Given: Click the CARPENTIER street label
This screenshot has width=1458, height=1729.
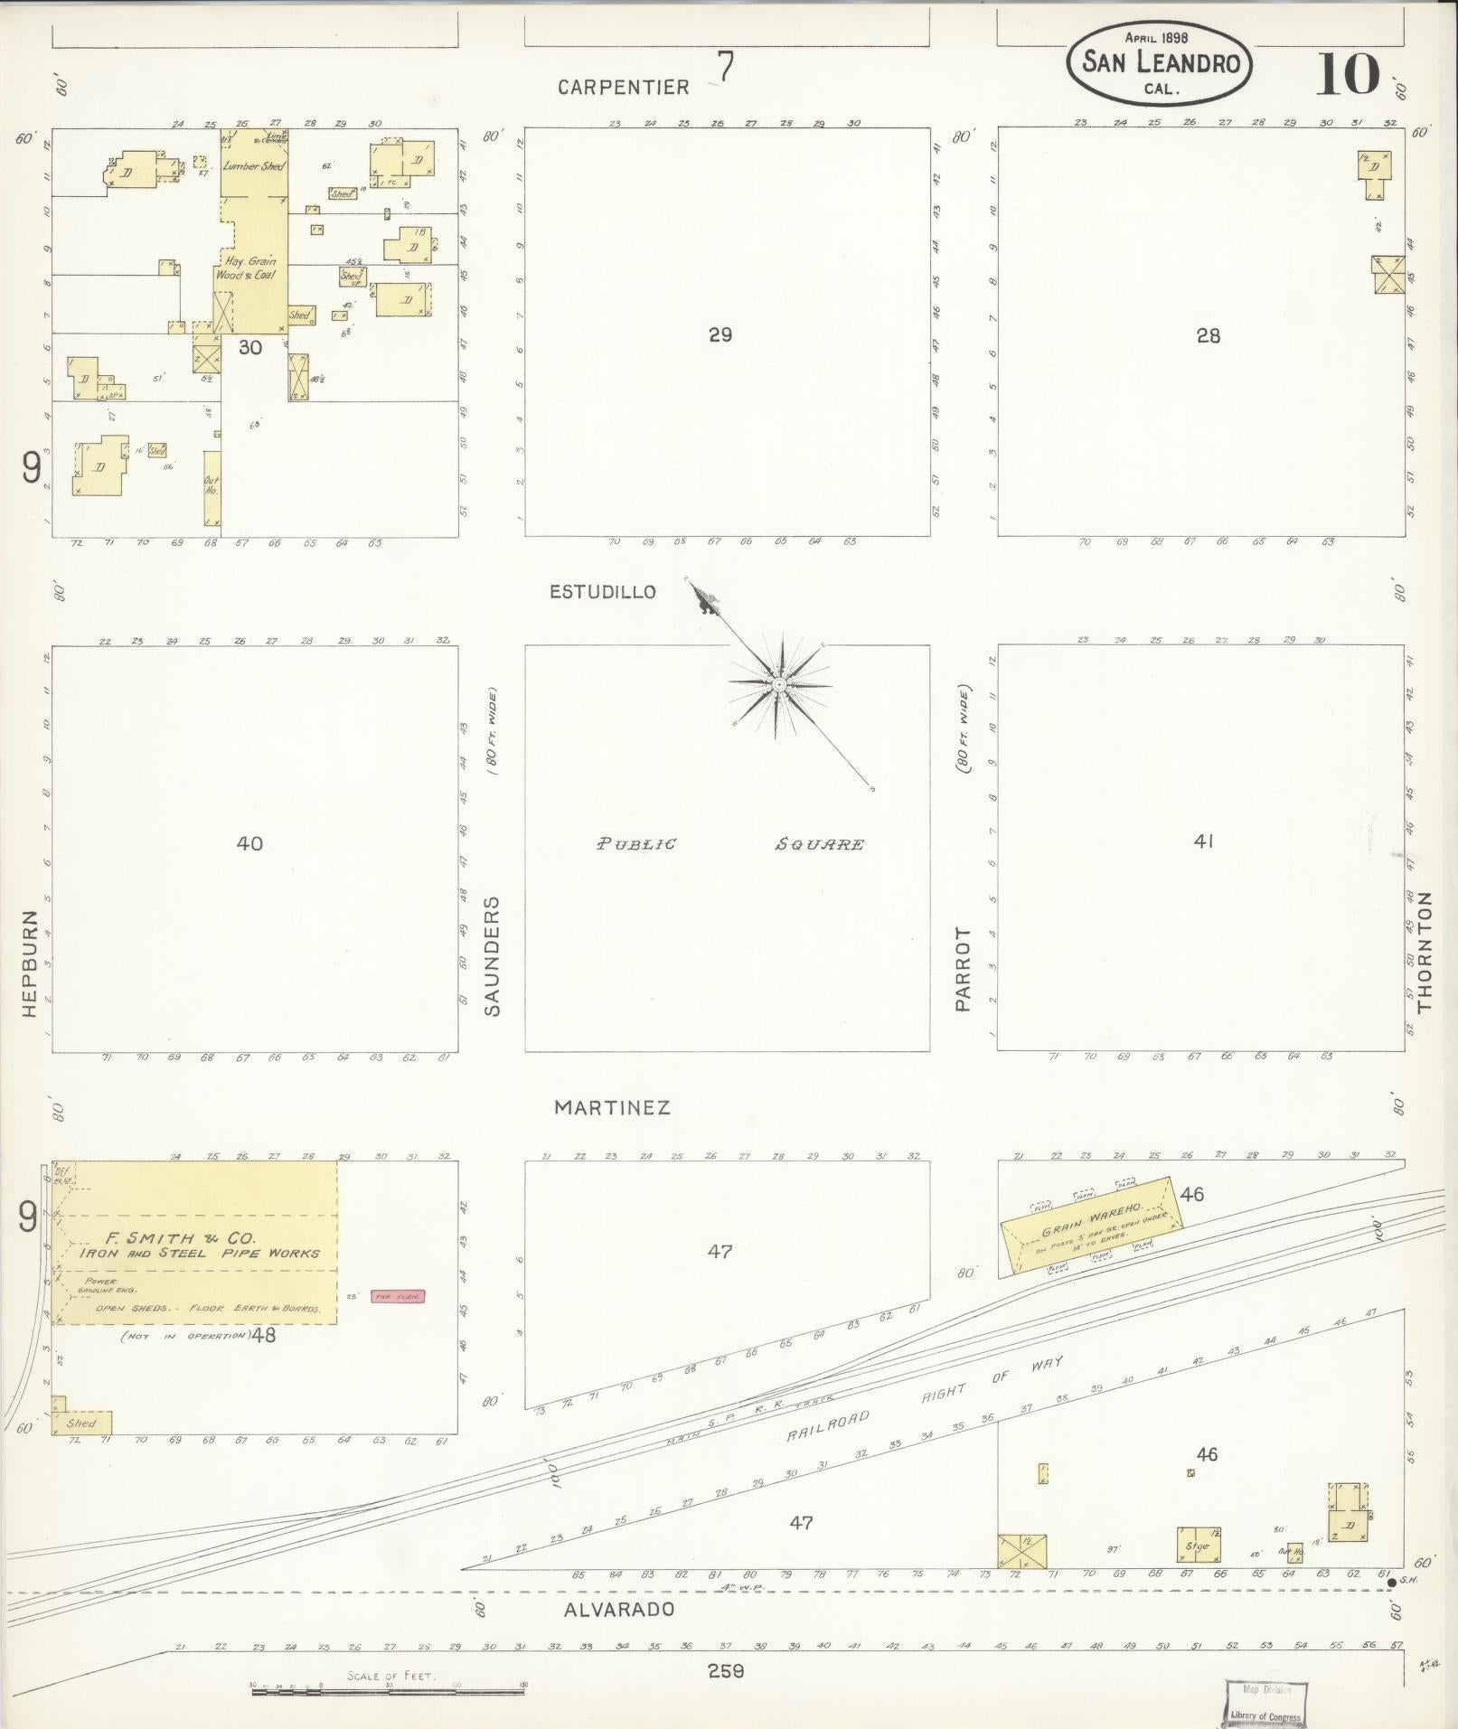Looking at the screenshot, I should [623, 87].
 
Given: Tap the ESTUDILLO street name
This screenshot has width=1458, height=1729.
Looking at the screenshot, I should [603, 592].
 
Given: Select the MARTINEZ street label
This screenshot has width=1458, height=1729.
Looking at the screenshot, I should [612, 1107].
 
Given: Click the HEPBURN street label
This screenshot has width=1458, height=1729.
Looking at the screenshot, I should [29, 963].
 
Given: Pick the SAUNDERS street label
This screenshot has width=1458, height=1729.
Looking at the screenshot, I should [493, 956].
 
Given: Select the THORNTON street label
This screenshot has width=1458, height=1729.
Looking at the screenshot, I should [1425, 952].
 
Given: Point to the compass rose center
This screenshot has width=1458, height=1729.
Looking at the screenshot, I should [778, 686].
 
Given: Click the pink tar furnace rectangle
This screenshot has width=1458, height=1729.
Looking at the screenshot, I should [398, 1297].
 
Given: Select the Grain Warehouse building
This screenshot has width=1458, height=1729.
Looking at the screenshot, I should [1091, 1227].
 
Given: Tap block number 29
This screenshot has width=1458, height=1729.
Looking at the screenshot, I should [720, 335].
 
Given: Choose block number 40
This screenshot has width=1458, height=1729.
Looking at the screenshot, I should [249, 843].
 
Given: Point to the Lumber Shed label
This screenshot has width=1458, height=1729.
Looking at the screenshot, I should [254, 166].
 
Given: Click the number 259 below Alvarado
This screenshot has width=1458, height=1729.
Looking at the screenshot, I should [726, 1671].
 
